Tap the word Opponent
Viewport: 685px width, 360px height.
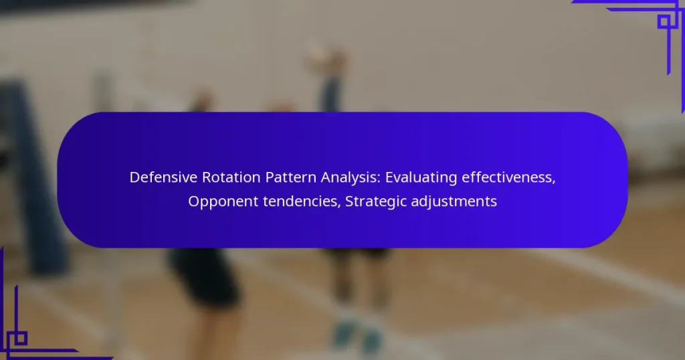click(x=223, y=202)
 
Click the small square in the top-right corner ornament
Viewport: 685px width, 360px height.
click(x=664, y=21)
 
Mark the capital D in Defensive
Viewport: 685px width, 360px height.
click(x=134, y=177)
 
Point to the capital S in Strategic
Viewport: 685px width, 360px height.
click(x=349, y=201)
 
